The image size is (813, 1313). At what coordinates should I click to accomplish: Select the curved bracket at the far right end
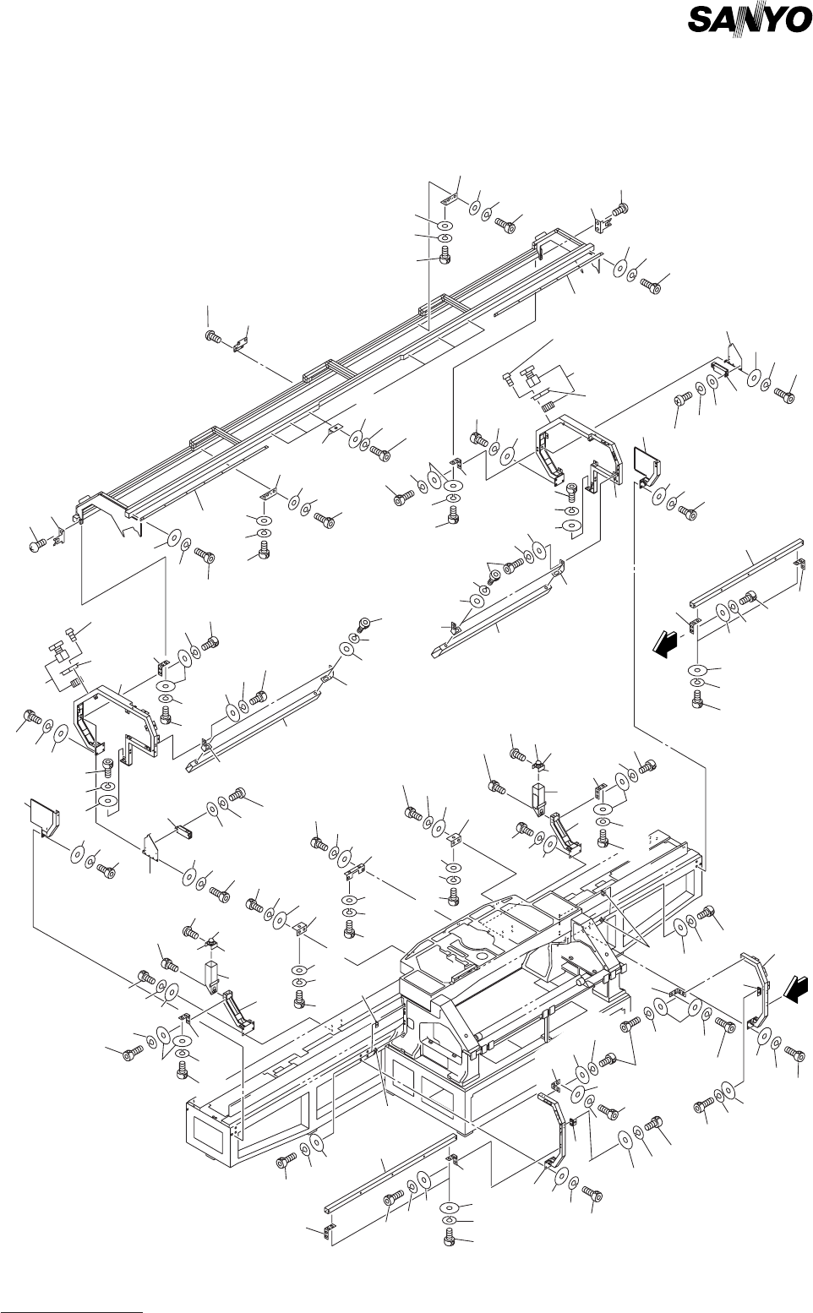757,988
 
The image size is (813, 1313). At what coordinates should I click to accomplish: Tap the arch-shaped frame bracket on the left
116,720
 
